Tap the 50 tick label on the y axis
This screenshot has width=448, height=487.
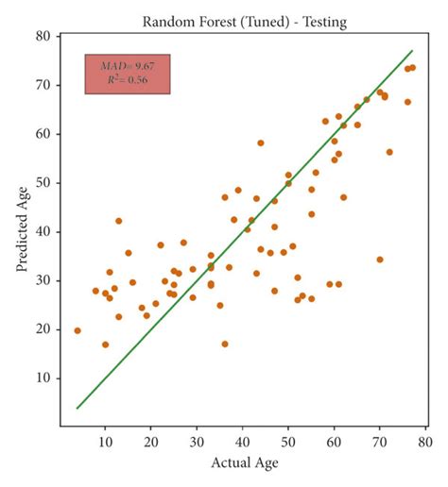[45, 182]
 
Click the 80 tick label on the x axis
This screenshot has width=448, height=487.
[425, 440]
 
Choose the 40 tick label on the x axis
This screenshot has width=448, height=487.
[242, 440]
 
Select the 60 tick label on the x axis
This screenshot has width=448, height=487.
[334, 440]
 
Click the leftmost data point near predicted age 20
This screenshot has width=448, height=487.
[78, 330]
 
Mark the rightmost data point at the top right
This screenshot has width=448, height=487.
[412, 67]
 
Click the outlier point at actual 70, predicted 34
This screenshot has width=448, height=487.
[380, 260]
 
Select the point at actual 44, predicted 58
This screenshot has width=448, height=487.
[261, 143]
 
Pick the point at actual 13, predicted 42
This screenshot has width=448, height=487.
[119, 221]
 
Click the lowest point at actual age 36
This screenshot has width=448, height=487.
[225, 344]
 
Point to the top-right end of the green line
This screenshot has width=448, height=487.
[413, 51]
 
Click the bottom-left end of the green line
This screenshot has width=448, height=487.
[78, 408]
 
